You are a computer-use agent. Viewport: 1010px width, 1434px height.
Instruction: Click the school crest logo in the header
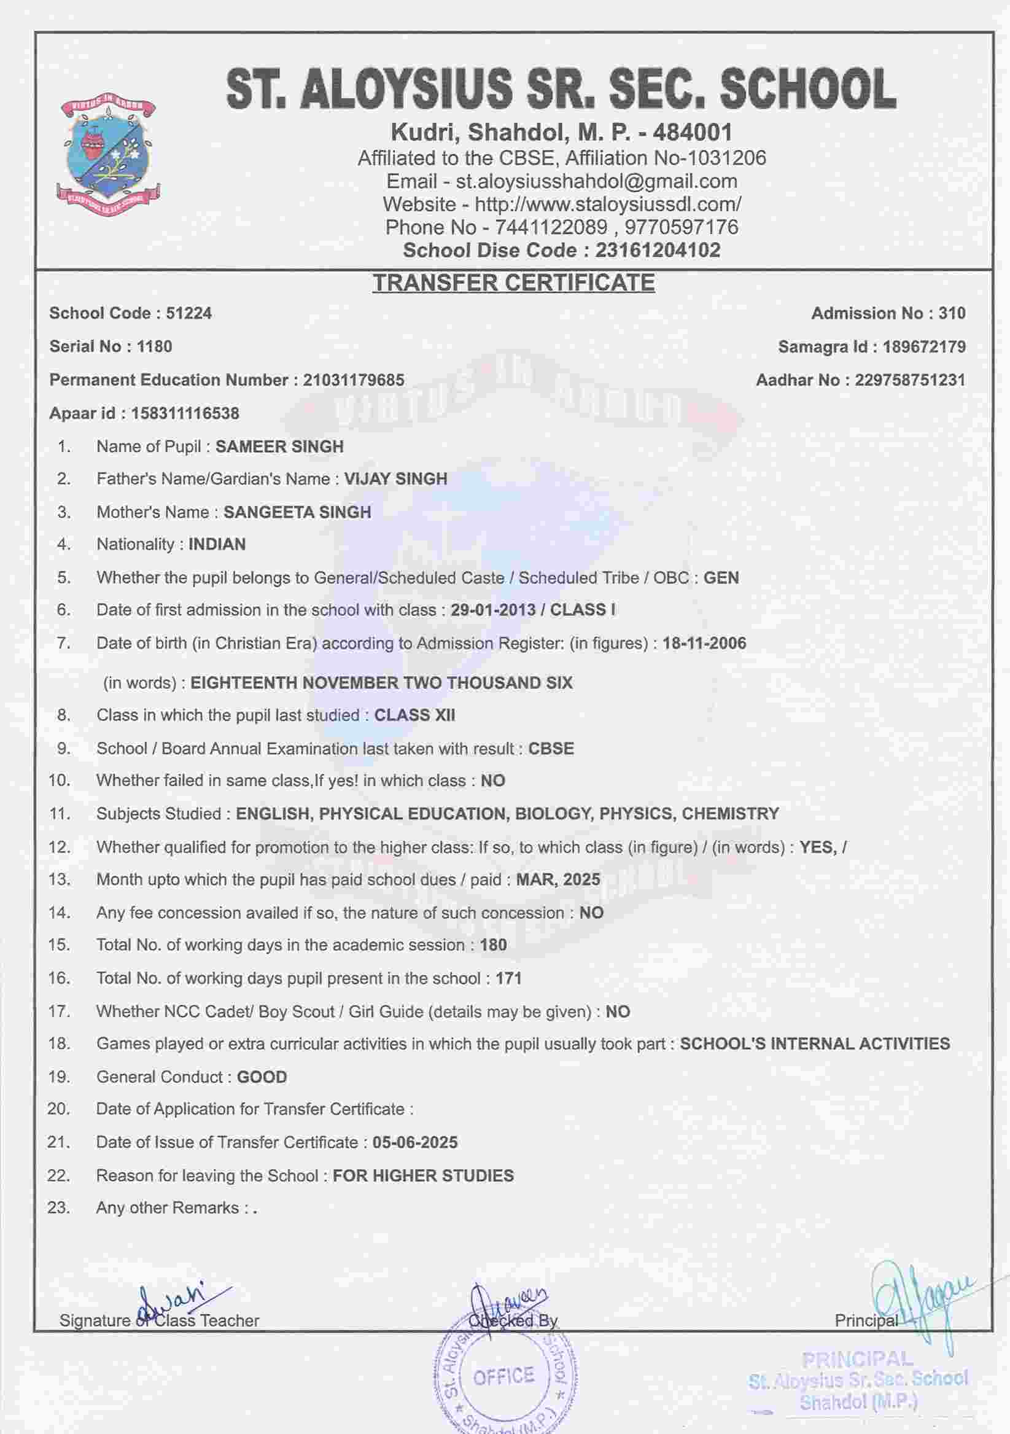(x=109, y=155)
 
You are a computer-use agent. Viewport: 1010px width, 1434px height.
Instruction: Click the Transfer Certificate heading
(x=513, y=283)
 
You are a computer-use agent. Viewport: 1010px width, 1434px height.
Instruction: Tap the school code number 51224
(x=188, y=314)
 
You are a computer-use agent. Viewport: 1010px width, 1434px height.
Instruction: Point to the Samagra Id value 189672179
(x=924, y=347)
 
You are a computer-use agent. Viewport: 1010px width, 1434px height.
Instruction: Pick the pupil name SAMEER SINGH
(x=279, y=447)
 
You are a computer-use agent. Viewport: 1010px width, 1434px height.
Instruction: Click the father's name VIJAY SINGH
(x=396, y=479)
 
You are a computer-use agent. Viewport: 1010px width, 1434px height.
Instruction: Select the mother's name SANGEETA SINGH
(x=297, y=512)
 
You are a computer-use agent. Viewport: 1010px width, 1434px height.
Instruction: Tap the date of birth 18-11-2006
(x=704, y=643)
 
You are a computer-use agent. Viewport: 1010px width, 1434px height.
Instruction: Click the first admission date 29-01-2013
(x=492, y=610)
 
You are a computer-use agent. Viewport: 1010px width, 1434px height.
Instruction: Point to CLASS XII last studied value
(x=414, y=715)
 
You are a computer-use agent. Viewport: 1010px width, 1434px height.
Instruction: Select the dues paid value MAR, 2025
(x=557, y=879)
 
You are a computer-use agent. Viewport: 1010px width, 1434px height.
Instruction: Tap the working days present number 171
(x=508, y=978)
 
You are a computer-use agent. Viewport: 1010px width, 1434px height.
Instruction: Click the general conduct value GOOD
(x=262, y=1077)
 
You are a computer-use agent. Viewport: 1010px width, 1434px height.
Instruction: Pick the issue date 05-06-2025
(x=414, y=1143)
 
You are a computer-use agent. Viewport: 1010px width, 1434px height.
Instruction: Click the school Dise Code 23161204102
(x=658, y=251)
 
